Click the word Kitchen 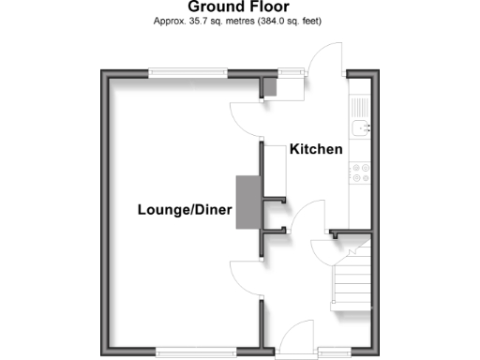316,149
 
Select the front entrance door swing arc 301,336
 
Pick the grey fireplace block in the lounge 247,202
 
